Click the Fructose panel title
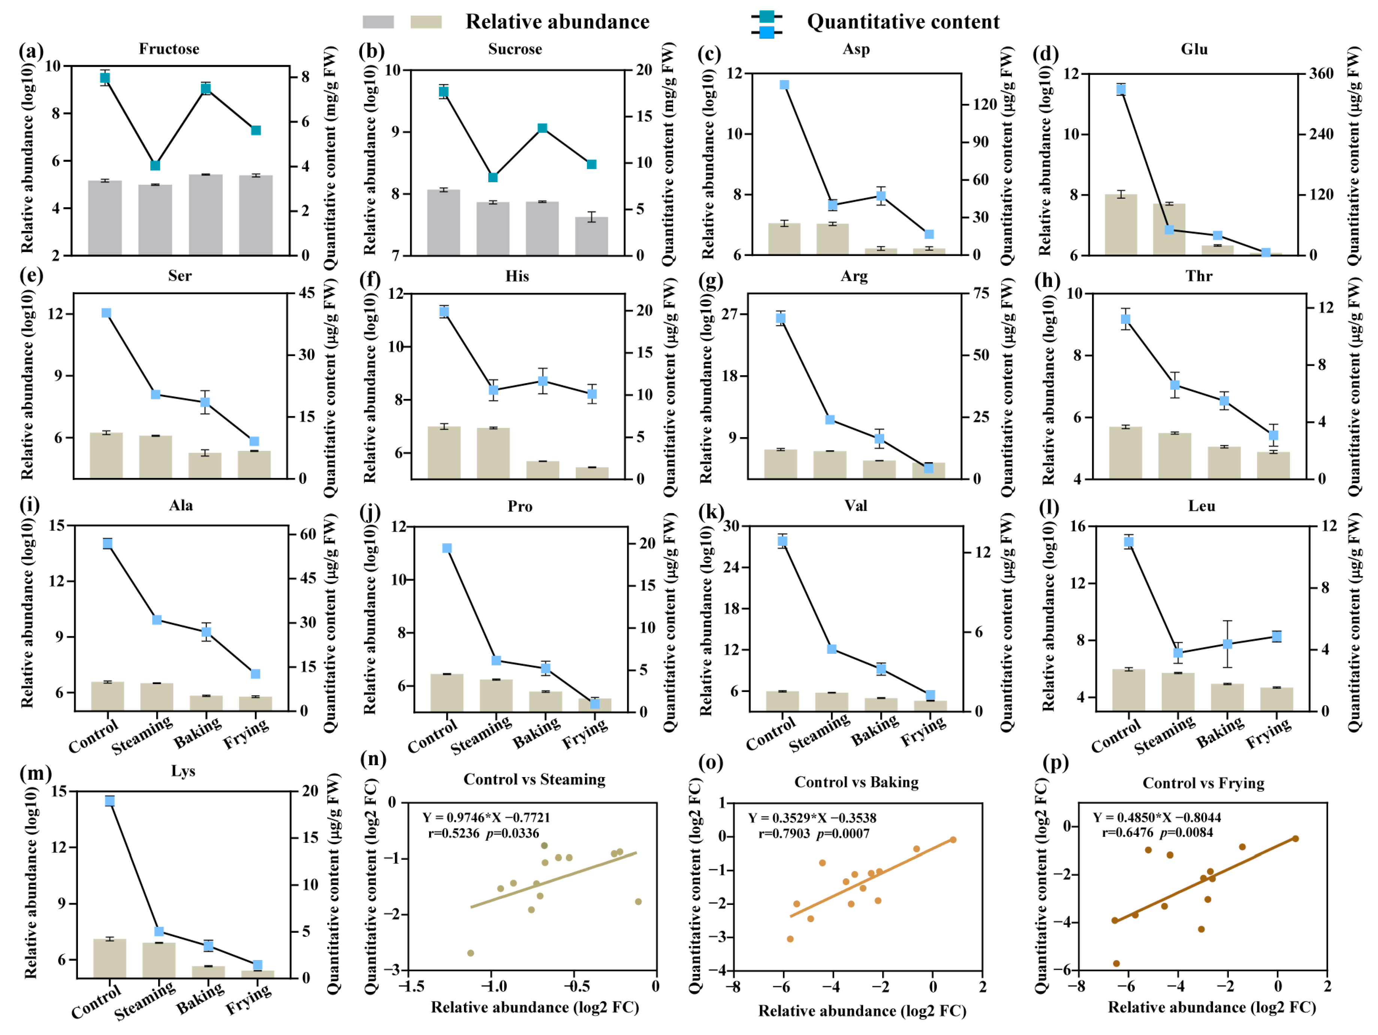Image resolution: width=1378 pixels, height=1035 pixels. [169, 49]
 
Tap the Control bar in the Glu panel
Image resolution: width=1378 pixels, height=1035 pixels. [1121, 224]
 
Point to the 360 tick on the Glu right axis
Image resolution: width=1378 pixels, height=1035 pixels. [1321, 73]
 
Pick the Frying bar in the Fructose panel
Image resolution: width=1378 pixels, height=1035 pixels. [256, 215]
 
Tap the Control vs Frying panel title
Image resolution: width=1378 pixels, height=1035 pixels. [1203, 783]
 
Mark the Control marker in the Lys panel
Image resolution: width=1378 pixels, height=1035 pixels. [110, 801]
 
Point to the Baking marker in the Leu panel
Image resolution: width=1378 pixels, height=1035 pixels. [1227, 644]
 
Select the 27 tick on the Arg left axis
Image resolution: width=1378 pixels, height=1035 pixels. [730, 313]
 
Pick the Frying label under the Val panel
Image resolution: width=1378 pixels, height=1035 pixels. [923, 732]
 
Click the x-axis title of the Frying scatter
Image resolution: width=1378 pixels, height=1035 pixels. [1211, 1008]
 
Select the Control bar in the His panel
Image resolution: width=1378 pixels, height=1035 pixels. [444, 452]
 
